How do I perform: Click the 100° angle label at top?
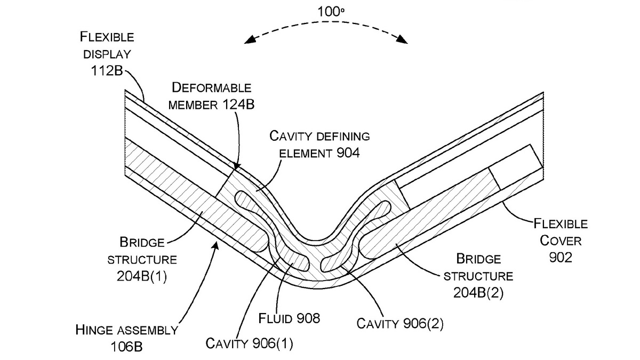(327, 11)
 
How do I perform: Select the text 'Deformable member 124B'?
(210, 96)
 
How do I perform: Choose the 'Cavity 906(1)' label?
(250, 342)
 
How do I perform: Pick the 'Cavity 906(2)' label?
(399, 323)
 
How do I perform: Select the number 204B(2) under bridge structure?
(478, 293)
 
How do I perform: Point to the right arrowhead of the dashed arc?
(405, 41)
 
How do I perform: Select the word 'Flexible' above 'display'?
(107, 37)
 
